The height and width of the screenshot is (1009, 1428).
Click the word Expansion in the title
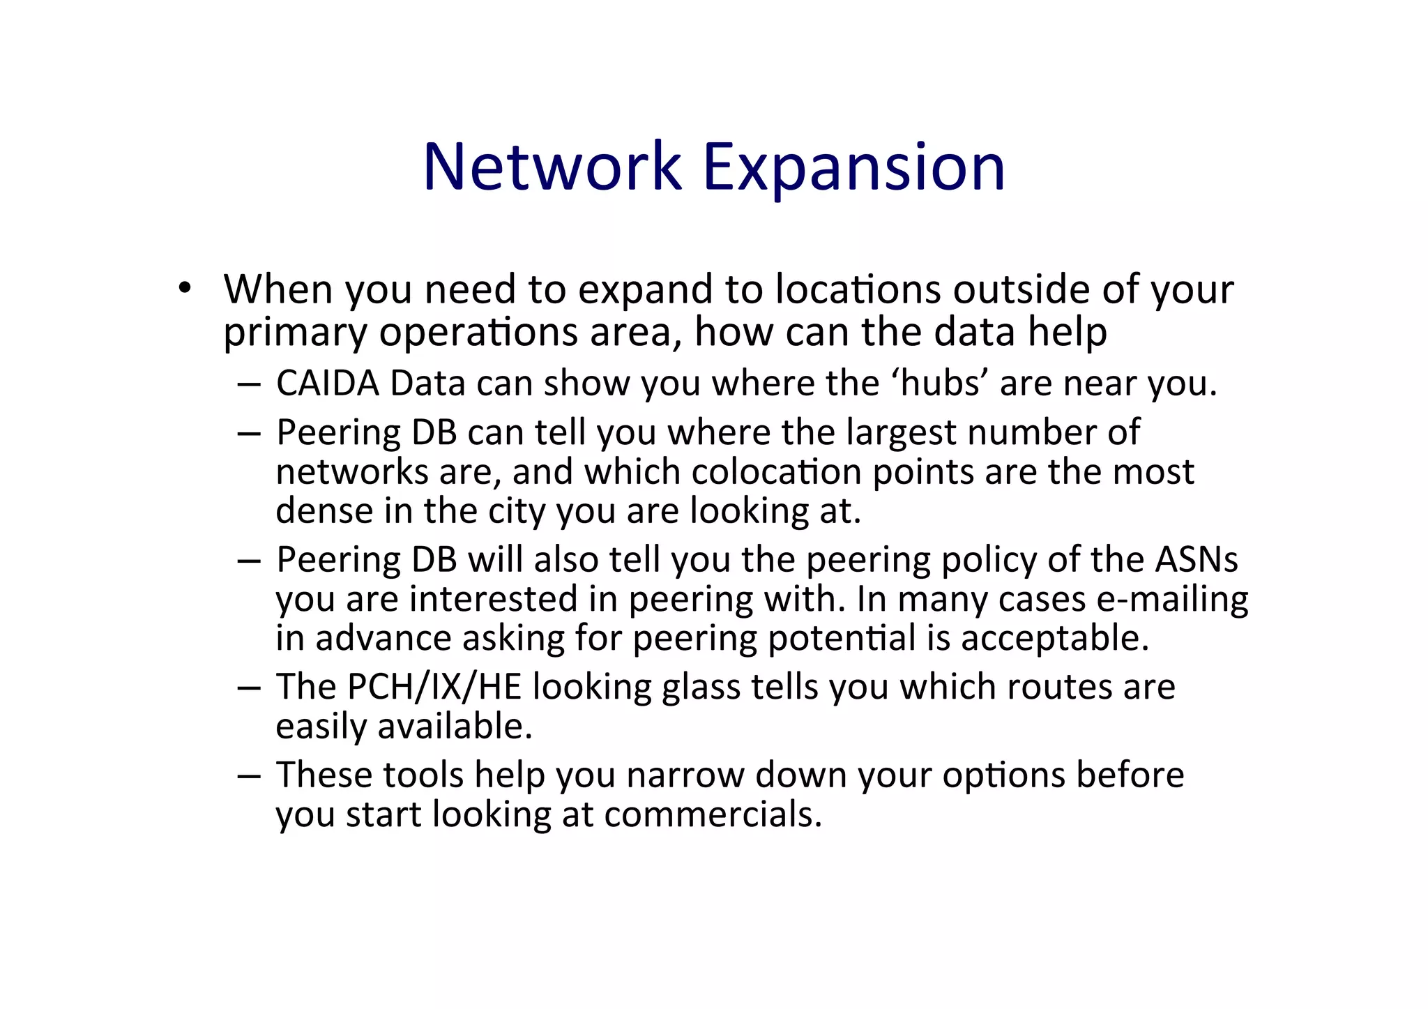[x=853, y=167]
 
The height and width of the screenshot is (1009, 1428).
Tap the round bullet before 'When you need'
[x=184, y=288]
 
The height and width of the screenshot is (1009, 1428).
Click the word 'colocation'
[x=777, y=472]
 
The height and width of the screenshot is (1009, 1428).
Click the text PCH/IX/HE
[x=434, y=687]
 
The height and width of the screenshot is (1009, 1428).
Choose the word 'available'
[x=453, y=727]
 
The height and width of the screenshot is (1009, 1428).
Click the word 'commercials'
[x=713, y=814]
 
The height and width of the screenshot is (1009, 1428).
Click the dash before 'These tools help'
[x=248, y=775]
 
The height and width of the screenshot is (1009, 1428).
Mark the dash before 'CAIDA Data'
[x=248, y=384]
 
